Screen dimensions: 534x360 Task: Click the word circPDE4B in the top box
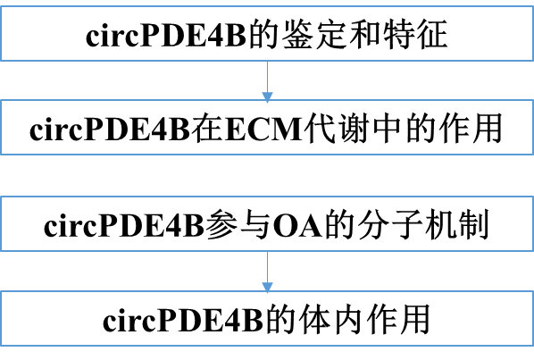click(166, 35)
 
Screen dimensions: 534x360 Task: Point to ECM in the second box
click(263, 130)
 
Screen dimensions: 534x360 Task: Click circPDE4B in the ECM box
click(110, 130)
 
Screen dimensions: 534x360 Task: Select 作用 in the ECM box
click(471, 129)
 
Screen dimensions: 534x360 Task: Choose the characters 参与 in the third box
click(238, 225)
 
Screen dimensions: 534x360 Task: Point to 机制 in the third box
click(457, 225)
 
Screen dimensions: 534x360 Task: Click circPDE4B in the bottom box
click(183, 320)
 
